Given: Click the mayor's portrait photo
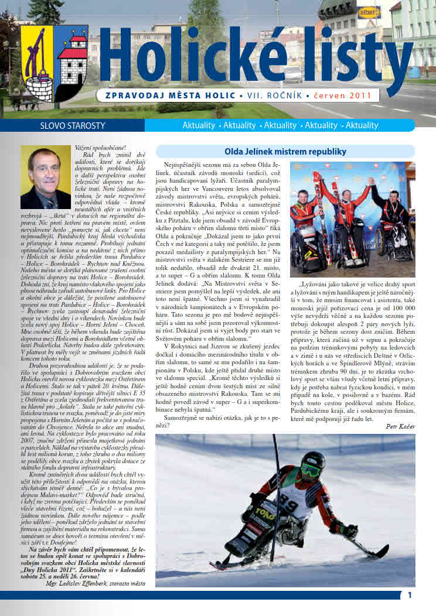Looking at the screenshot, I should [x=46, y=177].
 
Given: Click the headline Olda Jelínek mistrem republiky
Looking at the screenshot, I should [x=285, y=152].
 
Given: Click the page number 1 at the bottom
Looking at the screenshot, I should [x=410, y=595].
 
